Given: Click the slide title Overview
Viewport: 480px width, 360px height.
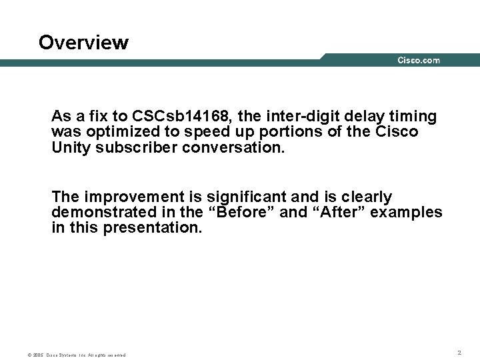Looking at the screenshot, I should (x=83, y=43).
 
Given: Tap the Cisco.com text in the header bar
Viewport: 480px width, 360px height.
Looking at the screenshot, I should (x=419, y=61).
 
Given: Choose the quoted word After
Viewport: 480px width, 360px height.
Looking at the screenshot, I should (x=341, y=212).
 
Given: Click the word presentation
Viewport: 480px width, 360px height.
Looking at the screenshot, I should (x=152, y=227).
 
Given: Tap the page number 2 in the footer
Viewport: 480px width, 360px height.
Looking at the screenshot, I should (x=459, y=351).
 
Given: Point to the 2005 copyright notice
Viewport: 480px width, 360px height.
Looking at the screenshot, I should (x=77, y=355).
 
